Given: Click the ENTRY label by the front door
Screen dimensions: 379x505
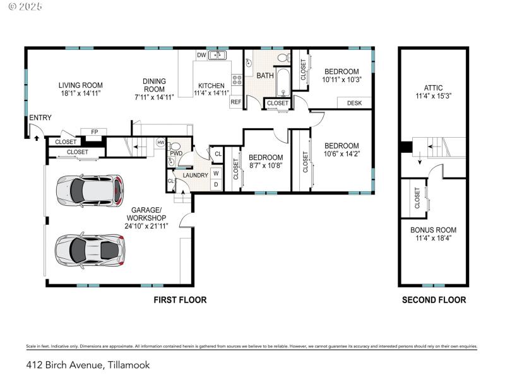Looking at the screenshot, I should pos(40,117).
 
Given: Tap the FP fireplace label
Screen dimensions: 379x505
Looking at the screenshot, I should pos(95,132).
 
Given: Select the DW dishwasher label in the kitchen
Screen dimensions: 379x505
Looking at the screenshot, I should pos(201,55).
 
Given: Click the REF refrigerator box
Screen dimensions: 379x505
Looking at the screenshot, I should pos(235,102).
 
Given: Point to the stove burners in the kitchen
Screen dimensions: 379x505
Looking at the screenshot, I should pos(237,80).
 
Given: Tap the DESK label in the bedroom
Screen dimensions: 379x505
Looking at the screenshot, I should pos(354,103).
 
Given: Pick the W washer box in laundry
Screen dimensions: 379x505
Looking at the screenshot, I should pos(216,172).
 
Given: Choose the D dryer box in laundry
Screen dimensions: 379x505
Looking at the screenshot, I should pos(216,184).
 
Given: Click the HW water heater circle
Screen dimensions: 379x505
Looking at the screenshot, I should pos(161,142).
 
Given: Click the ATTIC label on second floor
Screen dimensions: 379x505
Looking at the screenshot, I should pos(433,88).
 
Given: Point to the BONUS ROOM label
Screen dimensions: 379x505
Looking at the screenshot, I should pos(433,230).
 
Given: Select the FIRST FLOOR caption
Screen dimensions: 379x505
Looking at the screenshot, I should pos(180,300).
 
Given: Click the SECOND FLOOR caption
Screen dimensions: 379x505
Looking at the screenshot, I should pos(434,300).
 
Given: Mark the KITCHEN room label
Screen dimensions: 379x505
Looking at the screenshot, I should pos(211,86).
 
